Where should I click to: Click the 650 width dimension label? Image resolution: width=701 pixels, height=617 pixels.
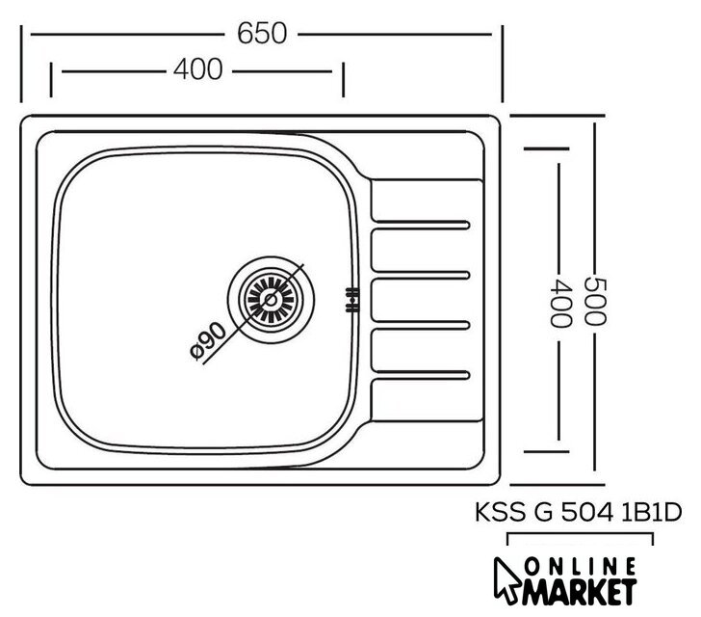[262, 34]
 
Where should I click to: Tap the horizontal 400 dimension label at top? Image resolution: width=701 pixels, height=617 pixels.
[197, 69]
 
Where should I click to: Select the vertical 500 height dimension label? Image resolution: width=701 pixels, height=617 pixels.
[595, 302]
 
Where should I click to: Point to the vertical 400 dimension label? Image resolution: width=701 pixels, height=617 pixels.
[559, 303]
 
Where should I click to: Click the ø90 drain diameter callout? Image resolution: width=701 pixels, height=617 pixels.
[208, 341]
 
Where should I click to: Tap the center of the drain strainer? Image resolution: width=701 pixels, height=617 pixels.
[271, 300]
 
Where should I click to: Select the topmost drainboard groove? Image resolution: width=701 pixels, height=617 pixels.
[420, 225]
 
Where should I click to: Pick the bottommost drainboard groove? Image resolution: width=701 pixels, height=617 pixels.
[420, 375]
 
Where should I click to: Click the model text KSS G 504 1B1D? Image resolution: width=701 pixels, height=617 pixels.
[578, 512]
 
